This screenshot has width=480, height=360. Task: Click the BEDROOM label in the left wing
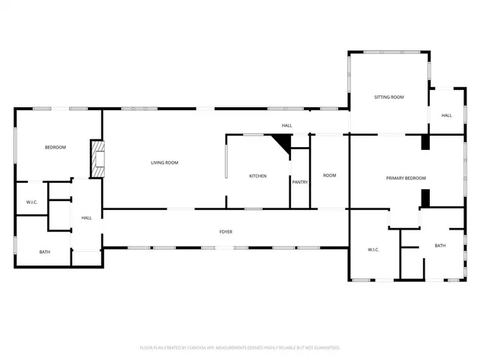[x=55, y=147]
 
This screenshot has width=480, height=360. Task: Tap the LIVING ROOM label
[x=164, y=163]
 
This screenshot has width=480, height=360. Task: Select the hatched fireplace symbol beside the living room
[x=97, y=158]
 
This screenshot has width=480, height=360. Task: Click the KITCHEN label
[x=258, y=175]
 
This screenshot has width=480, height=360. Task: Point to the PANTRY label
[x=300, y=181]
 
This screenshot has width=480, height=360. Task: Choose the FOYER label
[x=226, y=232]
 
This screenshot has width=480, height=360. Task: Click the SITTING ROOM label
[x=389, y=97]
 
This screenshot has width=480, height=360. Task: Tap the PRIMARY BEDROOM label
[x=406, y=178]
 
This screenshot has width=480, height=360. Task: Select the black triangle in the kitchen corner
[x=283, y=142]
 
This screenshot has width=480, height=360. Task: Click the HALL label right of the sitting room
[x=446, y=115]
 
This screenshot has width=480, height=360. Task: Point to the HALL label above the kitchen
[x=286, y=125]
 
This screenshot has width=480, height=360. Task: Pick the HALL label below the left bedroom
[x=86, y=217]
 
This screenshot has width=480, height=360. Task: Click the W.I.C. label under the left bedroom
[x=32, y=202]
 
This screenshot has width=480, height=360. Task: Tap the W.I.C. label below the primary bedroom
[x=373, y=249]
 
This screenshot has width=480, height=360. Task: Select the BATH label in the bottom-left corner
[x=45, y=252]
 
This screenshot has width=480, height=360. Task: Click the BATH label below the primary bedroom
[x=439, y=245]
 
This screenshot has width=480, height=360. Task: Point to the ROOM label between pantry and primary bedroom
[x=330, y=175]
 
